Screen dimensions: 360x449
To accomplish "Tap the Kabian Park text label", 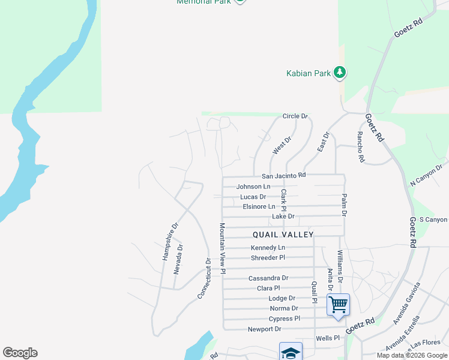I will coord(308,74).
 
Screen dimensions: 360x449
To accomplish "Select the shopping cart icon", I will coord(338,304).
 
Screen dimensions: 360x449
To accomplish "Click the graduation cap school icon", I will coord(291,352).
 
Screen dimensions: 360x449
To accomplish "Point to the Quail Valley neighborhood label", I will coord(283,235).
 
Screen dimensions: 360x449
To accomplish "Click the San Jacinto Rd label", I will coord(284,176).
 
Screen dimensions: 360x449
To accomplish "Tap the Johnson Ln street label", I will coord(253,187).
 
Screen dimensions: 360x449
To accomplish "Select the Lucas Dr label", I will coord(253,197).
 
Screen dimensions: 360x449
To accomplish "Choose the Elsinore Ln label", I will coord(259,206).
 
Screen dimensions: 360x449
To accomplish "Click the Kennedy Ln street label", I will coord(268,248).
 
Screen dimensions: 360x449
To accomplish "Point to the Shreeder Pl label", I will coord(268,258).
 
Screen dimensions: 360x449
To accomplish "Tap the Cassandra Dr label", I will coord(268,278).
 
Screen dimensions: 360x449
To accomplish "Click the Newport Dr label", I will coord(264,329).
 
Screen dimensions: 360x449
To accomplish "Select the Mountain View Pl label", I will coord(221,249).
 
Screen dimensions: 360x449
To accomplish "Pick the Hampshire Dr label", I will coord(170,242).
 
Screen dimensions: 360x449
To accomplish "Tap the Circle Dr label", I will coord(295,116).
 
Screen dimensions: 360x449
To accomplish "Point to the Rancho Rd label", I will coord(361,147).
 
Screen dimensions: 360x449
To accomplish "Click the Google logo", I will coord(20,353).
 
